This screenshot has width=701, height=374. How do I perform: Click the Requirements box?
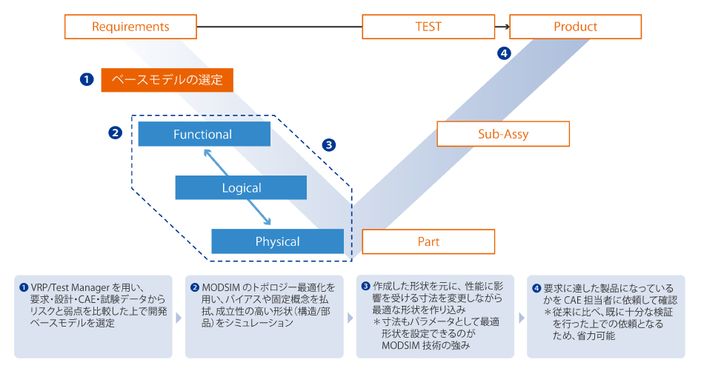coord(130,27)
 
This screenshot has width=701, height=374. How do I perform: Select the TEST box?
coord(428,27)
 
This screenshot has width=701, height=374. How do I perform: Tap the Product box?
coord(575,27)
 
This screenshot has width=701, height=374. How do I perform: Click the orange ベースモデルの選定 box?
coord(167,79)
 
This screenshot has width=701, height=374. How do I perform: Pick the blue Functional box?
coord(203,134)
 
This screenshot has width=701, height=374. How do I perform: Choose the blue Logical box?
coord(241,188)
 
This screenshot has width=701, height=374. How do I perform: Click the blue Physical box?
coord(277,241)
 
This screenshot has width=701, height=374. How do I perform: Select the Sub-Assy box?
coord(502,134)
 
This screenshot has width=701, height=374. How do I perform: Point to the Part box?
coord(428,241)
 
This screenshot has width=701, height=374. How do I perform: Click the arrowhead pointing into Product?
coord(506,27)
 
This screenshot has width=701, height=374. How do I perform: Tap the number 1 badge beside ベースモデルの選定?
coord(87,79)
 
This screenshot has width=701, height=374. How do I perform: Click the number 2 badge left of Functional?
coord(115,133)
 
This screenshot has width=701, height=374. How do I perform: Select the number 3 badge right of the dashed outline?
coord(329,144)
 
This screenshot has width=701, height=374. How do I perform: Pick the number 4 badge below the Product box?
coord(504,53)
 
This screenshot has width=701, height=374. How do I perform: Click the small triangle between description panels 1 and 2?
coord(178,318)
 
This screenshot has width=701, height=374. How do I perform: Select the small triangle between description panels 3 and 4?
coord(520,318)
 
